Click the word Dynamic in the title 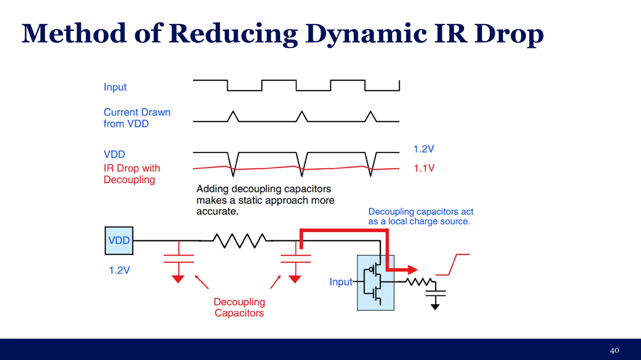(x=366, y=34)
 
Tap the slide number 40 (x=614, y=350)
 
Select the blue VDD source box (x=119, y=241)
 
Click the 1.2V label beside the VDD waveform (x=423, y=149)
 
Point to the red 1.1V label (x=424, y=168)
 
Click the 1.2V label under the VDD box (x=119, y=270)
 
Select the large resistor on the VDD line (x=240, y=241)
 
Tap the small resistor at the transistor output (x=419, y=282)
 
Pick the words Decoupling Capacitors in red (x=239, y=307)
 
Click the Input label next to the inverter (x=341, y=282)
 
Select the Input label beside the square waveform (x=115, y=87)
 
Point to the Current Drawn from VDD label (x=137, y=118)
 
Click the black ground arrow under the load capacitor (x=435, y=307)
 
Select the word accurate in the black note (x=217, y=212)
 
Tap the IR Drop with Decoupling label (x=132, y=174)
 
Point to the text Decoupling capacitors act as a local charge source (x=420, y=216)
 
